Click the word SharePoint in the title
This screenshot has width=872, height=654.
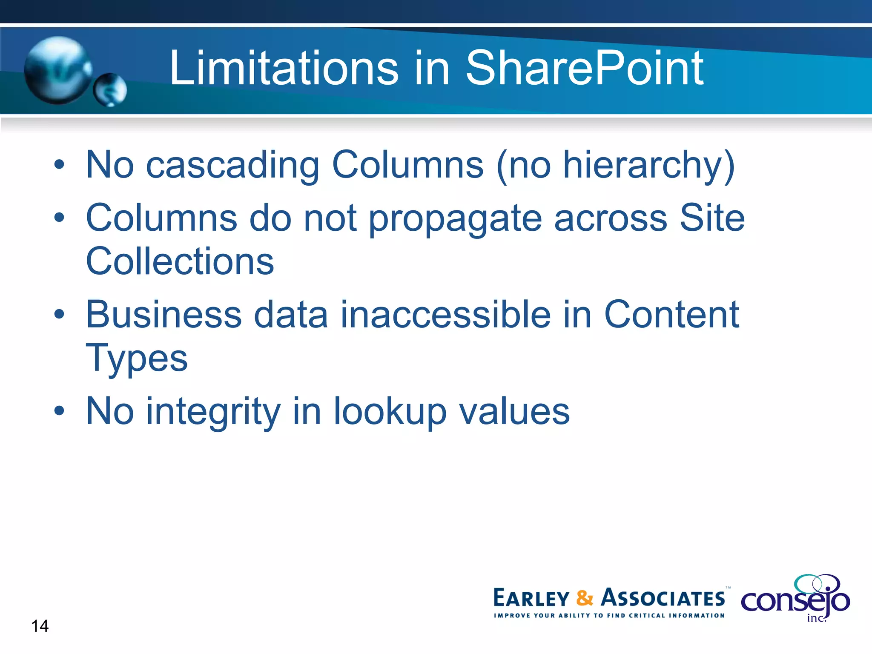click(584, 68)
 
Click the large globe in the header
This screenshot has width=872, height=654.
click(57, 70)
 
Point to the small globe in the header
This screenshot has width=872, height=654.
click(110, 89)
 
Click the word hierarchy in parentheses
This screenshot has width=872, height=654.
click(643, 166)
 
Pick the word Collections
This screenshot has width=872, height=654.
click(180, 261)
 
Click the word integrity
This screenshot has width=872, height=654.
click(213, 412)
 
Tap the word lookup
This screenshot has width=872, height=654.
click(390, 412)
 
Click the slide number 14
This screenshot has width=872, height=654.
click(40, 626)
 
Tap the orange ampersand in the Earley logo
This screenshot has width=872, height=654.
click(585, 598)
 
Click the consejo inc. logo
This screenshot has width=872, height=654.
click(795, 598)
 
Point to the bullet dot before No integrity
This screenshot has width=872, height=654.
click(59, 411)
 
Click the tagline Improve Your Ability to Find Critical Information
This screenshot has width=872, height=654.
click(609, 615)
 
